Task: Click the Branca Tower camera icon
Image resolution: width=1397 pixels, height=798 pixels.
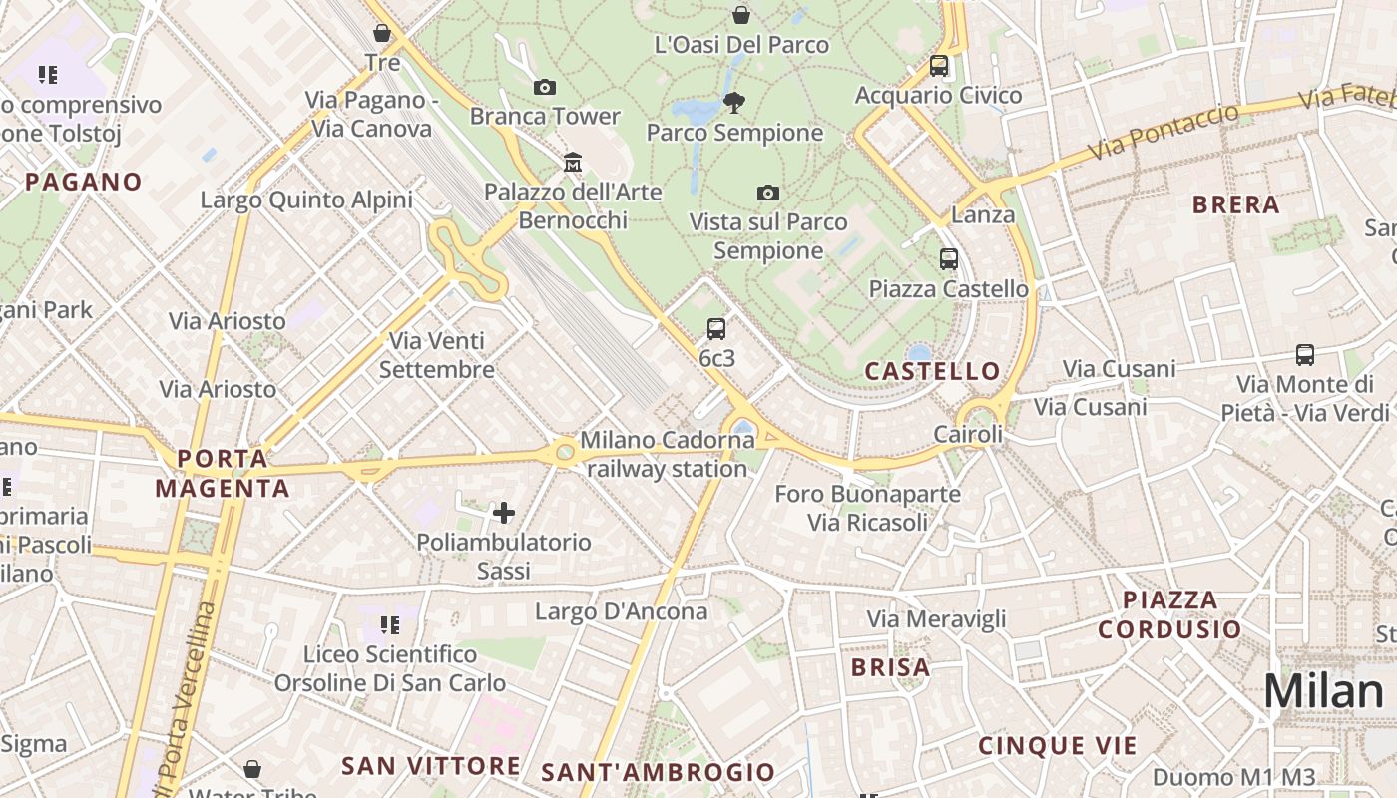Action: (x=545, y=88)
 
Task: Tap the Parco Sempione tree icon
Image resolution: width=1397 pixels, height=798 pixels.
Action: (x=734, y=102)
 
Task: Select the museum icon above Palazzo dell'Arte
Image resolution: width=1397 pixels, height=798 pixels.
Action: (x=573, y=162)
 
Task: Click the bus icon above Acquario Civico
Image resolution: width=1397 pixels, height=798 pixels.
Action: (x=938, y=67)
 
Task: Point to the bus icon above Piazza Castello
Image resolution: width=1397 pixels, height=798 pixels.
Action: (x=948, y=259)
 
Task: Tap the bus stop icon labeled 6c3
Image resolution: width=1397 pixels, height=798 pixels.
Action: (x=715, y=329)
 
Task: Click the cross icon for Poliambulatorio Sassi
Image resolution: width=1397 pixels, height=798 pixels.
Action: (x=504, y=513)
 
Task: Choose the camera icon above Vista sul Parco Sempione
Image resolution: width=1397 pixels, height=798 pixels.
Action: (x=767, y=193)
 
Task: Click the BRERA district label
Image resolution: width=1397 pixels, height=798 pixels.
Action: (x=1235, y=204)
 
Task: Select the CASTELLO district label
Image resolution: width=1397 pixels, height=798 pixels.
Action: (x=932, y=371)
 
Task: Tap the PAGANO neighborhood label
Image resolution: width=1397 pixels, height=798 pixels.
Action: (x=84, y=182)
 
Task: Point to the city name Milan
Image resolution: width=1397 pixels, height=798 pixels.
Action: (x=1323, y=691)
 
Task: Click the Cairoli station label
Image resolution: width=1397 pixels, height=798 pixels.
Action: (x=968, y=434)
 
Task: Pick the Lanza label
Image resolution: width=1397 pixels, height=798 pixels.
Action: (x=983, y=214)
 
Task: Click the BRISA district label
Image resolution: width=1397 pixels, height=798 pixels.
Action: (x=890, y=667)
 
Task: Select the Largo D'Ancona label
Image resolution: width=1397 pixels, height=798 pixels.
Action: (x=621, y=611)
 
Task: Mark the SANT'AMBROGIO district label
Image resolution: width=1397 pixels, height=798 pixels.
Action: (x=658, y=771)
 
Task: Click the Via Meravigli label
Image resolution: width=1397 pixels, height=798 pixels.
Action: (x=936, y=619)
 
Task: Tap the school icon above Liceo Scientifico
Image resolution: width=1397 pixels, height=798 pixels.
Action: (x=389, y=625)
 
